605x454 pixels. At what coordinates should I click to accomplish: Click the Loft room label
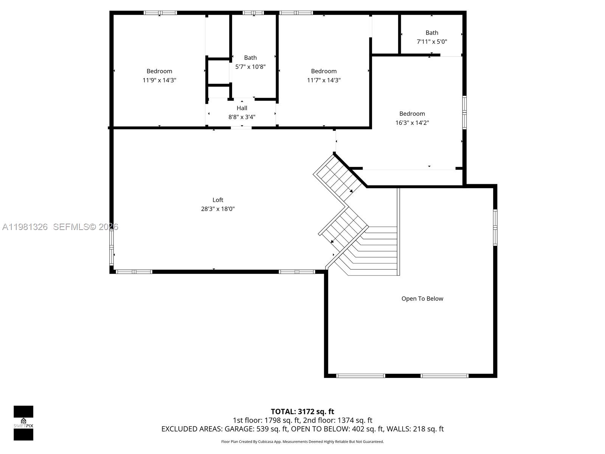[218, 200]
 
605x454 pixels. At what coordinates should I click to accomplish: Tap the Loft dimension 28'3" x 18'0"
[218, 209]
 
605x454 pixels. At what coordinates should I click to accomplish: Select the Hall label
[242, 108]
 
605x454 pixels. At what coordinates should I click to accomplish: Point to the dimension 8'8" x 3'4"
[242, 117]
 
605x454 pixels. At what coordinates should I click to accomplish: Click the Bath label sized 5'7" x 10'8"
[250, 58]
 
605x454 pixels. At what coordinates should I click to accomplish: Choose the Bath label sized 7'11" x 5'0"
[432, 33]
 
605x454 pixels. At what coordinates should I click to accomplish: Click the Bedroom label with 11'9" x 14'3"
[159, 71]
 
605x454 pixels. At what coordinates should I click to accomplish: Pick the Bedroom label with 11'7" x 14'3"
[324, 71]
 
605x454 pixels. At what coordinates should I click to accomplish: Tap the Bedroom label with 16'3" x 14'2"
[412, 113]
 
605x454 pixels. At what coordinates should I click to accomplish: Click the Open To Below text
[422, 299]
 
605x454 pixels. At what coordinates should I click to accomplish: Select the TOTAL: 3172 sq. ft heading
[302, 411]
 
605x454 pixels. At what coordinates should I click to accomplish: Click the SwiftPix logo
[23, 423]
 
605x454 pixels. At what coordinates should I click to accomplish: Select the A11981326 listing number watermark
[25, 227]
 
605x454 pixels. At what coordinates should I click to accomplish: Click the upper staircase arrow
[351, 191]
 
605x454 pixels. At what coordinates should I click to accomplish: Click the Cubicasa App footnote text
[302, 442]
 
